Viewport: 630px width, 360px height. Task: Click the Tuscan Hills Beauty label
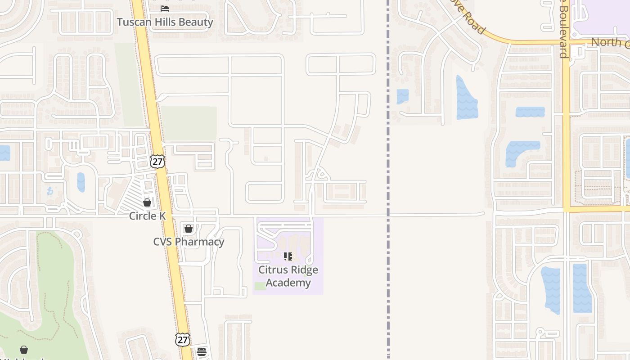[x=165, y=22]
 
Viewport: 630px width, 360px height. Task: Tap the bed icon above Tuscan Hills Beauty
[x=165, y=8]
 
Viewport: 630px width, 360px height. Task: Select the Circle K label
[x=147, y=216]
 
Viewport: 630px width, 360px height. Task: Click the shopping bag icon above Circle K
[x=147, y=202]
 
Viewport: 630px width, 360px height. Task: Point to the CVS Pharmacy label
[x=189, y=242]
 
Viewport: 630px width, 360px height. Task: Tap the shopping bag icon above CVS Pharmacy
[x=189, y=229]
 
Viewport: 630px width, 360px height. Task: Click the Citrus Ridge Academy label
[x=288, y=276]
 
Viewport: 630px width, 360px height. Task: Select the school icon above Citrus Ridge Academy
[x=288, y=256]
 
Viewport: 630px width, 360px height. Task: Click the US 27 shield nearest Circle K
[x=157, y=162]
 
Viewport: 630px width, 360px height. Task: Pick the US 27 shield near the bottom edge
[x=183, y=339]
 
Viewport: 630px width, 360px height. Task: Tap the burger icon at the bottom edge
[x=202, y=351]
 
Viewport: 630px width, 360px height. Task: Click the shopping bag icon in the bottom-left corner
[x=24, y=350]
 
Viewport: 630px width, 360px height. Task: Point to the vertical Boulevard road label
[x=563, y=31]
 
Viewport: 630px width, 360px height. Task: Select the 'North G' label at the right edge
[x=610, y=42]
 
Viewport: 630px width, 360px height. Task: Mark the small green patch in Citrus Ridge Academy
[x=260, y=286]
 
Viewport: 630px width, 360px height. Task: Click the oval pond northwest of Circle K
[x=81, y=182]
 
